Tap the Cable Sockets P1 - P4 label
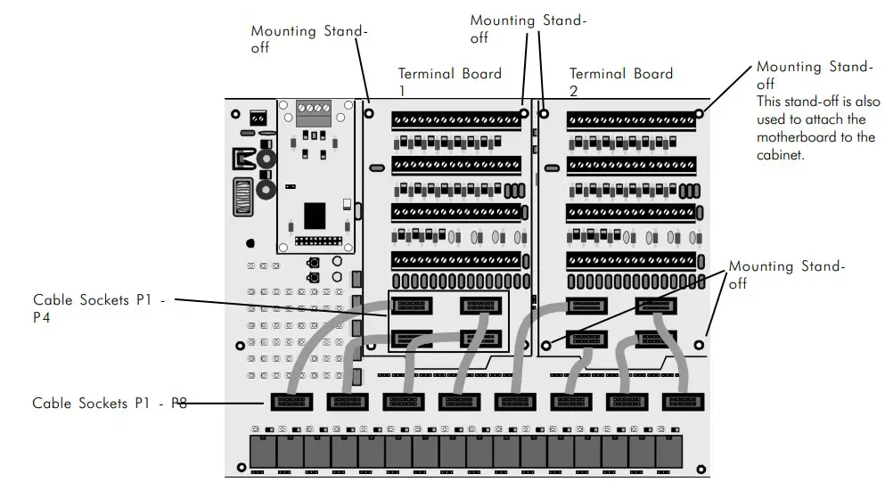99,308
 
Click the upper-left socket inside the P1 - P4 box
411,306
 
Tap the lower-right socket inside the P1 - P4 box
479,339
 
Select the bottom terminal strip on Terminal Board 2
630,260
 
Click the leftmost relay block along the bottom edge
262,453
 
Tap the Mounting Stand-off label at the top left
307,38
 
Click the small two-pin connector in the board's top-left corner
258,118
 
